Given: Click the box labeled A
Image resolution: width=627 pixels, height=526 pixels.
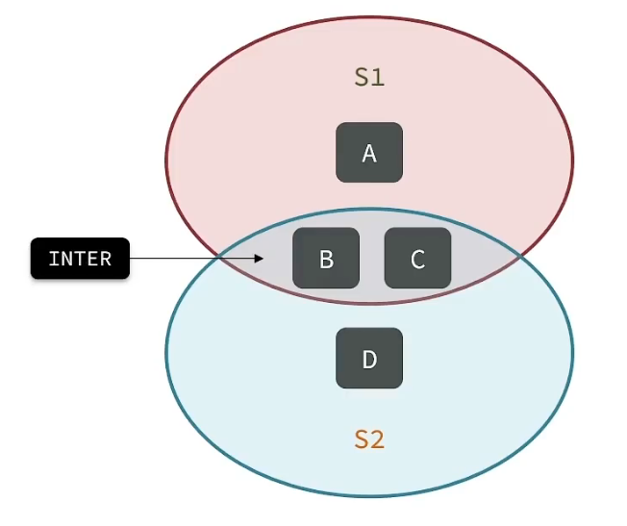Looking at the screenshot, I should (369, 153).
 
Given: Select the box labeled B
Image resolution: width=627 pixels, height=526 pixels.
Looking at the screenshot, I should (326, 259).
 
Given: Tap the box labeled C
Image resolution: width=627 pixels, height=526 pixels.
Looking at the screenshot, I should (417, 259).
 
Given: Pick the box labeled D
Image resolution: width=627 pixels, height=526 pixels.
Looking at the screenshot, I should (369, 359).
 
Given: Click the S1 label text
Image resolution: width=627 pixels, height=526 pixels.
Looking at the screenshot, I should (369, 78).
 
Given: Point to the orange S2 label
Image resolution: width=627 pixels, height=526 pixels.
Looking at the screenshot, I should (369, 439).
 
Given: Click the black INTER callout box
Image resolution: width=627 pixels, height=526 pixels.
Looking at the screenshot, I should (80, 259).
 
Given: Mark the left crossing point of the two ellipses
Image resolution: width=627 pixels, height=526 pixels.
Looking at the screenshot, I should (220, 258).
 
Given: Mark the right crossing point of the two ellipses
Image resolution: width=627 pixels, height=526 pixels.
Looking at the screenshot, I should (518, 257).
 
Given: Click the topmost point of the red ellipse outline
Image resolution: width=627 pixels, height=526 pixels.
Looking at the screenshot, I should (369, 15).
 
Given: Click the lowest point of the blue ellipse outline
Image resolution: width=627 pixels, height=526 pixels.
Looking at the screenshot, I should (369, 496).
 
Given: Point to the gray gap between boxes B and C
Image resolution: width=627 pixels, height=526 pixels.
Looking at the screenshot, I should (372, 259).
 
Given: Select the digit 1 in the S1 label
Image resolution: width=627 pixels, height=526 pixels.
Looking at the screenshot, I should (378, 78).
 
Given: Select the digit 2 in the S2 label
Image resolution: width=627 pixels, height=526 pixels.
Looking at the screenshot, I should (378, 439).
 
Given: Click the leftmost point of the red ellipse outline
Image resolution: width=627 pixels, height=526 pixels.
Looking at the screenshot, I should (166, 160).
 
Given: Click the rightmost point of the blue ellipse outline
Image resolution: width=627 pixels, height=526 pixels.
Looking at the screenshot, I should (572, 352).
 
